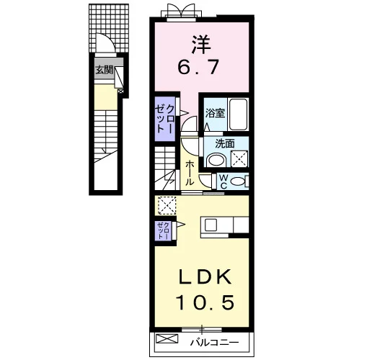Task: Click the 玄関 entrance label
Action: point(104,70)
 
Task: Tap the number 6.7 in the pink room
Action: point(198,67)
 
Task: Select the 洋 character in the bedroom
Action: point(201,45)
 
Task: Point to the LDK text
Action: point(205,276)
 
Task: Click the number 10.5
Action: point(205,302)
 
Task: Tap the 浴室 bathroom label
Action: point(215,113)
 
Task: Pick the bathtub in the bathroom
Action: point(238,114)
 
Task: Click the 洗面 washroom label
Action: point(225,143)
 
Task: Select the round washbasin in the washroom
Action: point(216,160)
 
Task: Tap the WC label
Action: point(223,181)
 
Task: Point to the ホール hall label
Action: point(190,173)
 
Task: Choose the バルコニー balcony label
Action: point(215,343)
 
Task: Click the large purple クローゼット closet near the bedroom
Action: point(164,119)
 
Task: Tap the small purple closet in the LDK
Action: point(163,230)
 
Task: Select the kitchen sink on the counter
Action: point(211,225)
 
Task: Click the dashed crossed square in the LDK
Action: point(167,205)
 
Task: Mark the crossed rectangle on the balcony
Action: point(167,338)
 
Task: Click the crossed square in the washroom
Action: point(239,158)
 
